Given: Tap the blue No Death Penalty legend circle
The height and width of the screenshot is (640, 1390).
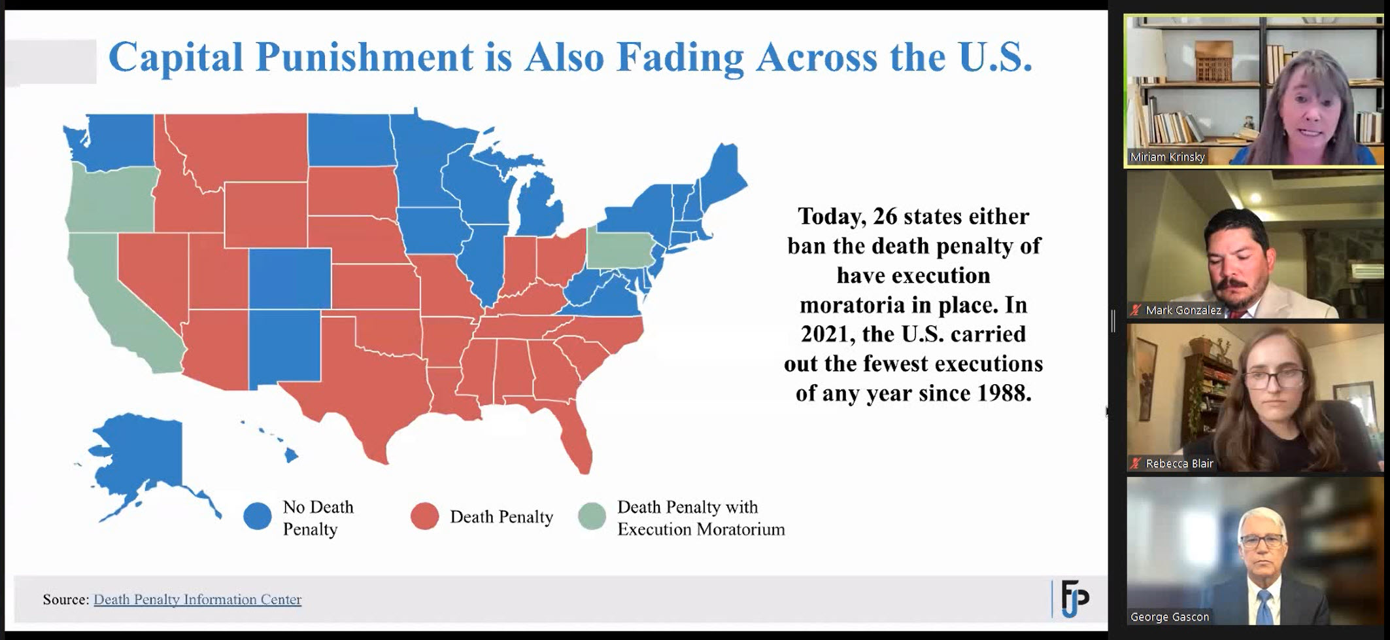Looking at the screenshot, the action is click(258, 516).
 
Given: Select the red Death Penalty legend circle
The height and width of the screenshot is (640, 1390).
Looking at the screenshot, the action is click(425, 516).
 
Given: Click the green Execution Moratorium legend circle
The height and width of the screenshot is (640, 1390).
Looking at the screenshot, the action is click(592, 516).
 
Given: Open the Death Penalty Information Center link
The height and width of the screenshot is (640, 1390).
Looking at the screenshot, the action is click(197, 599).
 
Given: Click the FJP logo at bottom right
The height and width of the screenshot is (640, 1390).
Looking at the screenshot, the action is click(1074, 598).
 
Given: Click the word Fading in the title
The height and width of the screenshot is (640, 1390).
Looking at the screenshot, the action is click(681, 58).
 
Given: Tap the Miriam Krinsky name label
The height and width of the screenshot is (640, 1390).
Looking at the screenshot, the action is click(1168, 157).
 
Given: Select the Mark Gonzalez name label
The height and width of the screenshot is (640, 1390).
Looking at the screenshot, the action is click(1183, 310).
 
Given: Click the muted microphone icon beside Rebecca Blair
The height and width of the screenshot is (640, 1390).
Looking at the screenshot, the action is click(1136, 463).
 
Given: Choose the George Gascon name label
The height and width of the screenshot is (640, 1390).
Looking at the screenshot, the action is click(1170, 616).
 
